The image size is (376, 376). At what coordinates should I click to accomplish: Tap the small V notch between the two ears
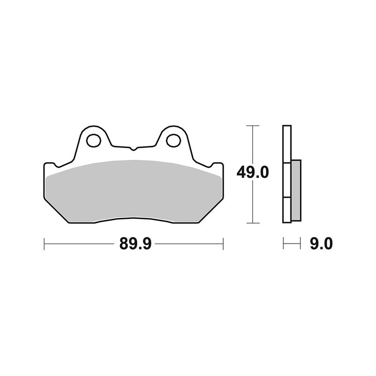tap(133, 149)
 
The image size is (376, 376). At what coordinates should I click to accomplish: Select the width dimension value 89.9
tap(133, 244)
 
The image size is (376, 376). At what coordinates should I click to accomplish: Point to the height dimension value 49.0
tap(252, 173)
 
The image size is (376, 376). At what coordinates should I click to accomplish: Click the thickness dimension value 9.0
tap(321, 244)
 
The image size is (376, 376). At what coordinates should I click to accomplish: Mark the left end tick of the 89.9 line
tap(44, 244)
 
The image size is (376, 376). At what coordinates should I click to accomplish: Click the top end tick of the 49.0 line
tap(253, 126)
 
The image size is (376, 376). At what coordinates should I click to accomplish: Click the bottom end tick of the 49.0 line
tap(253, 223)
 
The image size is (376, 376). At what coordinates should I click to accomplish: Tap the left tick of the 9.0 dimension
tap(283, 244)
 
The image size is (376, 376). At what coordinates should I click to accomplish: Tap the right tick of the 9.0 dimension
tap(300, 244)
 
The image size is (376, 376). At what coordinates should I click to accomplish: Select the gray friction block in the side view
tap(296, 190)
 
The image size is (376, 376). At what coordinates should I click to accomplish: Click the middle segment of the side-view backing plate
tap(287, 180)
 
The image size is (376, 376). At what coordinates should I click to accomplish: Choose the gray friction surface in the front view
tap(133, 188)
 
